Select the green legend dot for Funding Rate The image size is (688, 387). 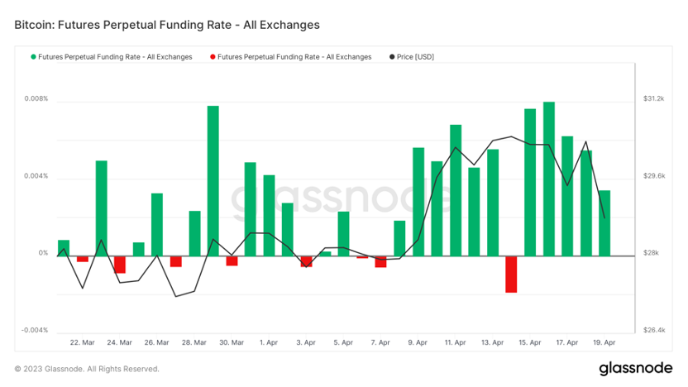point(34,57)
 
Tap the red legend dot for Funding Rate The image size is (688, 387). point(213,57)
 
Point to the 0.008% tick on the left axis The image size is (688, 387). point(36,99)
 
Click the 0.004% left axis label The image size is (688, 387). point(36,176)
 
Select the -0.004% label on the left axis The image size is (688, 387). point(35,331)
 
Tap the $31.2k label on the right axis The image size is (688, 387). point(654,99)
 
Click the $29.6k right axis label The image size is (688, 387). point(654,176)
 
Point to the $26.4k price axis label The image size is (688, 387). point(654,331)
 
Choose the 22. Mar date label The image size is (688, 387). point(82,342)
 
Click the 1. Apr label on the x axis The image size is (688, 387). point(268,342)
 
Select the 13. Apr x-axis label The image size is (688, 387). point(492,342)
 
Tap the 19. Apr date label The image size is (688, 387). point(604,342)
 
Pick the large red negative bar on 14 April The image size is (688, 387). point(511,274)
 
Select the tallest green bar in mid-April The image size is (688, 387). point(549,179)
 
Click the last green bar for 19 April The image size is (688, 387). point(604,223)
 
